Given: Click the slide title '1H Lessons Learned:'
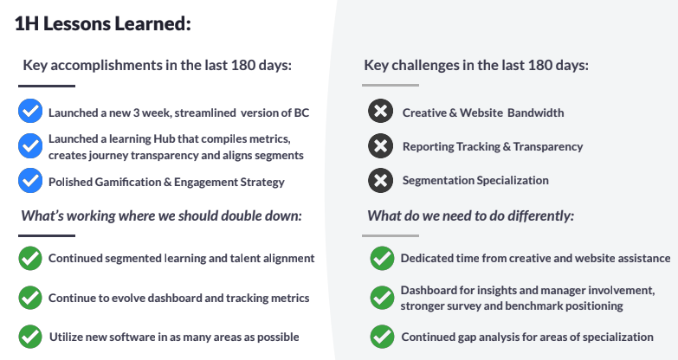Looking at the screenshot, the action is tap(103, 23).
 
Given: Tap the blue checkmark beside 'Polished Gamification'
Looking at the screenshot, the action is tap(30, 181).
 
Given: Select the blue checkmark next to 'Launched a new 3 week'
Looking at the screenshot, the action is tap(30, 111).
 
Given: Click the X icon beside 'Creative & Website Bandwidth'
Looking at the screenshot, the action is tap(380, 111).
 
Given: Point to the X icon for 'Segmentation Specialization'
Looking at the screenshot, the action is tap(380, 180).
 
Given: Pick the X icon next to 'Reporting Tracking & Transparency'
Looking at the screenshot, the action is tap(380, 145).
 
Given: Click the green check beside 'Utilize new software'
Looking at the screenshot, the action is tap(30, 337).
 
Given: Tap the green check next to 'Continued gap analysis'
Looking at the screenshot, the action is tap(382, 337).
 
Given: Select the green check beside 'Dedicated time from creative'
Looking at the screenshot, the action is tap(382, 258).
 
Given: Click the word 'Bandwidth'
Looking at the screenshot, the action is tap(536, 112).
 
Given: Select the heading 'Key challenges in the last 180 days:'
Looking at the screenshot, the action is tap(476, 65).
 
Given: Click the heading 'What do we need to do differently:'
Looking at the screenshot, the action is tap(471, 215).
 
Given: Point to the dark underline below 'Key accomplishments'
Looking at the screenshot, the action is tap(47, 86).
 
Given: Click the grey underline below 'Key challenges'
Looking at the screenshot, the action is tap(391, 85).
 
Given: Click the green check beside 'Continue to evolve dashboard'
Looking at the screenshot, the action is tap(30, 298).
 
